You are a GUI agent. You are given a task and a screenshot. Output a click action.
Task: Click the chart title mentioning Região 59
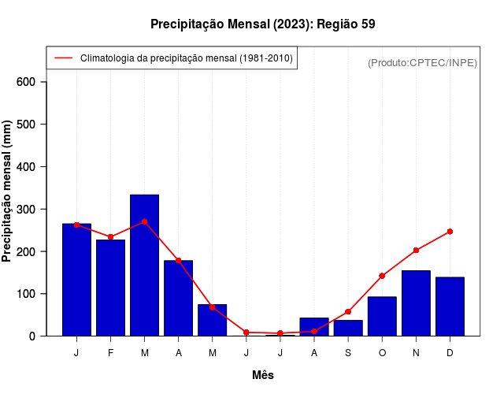point(262,24)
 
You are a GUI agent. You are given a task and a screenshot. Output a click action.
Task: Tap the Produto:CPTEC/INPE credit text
point(422,62)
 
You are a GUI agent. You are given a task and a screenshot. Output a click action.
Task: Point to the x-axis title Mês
point(263,375)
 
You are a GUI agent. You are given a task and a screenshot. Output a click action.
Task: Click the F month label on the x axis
point(111,353)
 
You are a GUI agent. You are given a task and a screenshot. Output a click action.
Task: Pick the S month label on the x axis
point(348,353)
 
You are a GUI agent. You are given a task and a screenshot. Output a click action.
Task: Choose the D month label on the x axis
point(450,353)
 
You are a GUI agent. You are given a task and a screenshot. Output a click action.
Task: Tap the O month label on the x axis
point(382,353)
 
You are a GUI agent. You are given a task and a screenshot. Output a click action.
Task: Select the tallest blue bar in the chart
point(145,265)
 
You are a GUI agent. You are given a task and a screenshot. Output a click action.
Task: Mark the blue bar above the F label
point(111,288)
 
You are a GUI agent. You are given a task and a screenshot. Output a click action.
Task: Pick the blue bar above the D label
point(450,307)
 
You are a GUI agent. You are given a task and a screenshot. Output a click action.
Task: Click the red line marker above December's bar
point(450,232)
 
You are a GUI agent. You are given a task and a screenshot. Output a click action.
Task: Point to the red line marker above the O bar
point(382,276)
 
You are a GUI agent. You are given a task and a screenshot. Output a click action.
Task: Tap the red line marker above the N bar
point(416,251)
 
